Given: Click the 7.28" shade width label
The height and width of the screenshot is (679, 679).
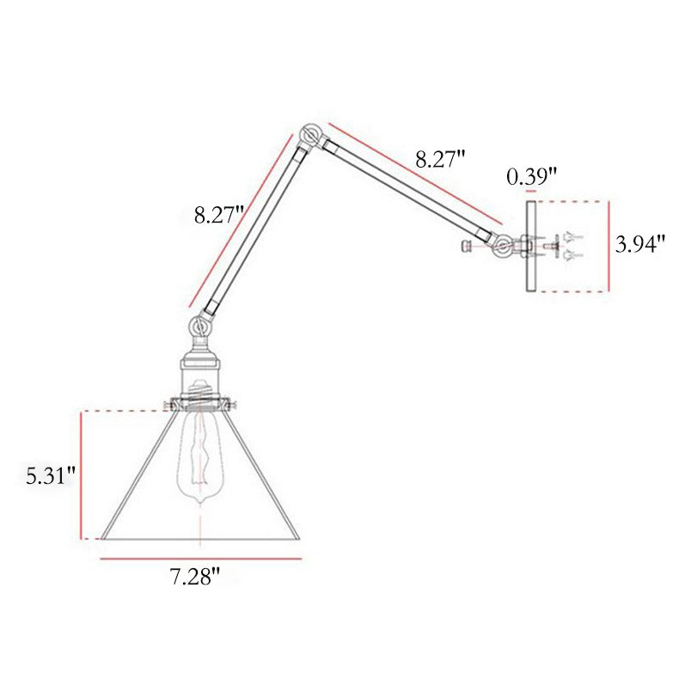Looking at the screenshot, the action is coord(194,577).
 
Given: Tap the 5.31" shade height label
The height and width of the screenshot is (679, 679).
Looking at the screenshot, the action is coord(51,476).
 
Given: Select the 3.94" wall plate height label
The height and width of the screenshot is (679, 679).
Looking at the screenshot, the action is coord(639,245).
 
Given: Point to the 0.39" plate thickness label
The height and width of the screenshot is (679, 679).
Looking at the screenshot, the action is coord(531,176).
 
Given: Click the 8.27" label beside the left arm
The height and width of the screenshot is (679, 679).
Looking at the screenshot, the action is coord(219,215).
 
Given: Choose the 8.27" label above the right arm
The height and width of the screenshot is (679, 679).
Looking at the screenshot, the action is coord(441,159).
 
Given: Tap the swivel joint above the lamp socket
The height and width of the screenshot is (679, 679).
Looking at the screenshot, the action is coord(200,326).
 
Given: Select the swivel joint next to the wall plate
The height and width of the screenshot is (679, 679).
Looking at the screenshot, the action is coord(503,247).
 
